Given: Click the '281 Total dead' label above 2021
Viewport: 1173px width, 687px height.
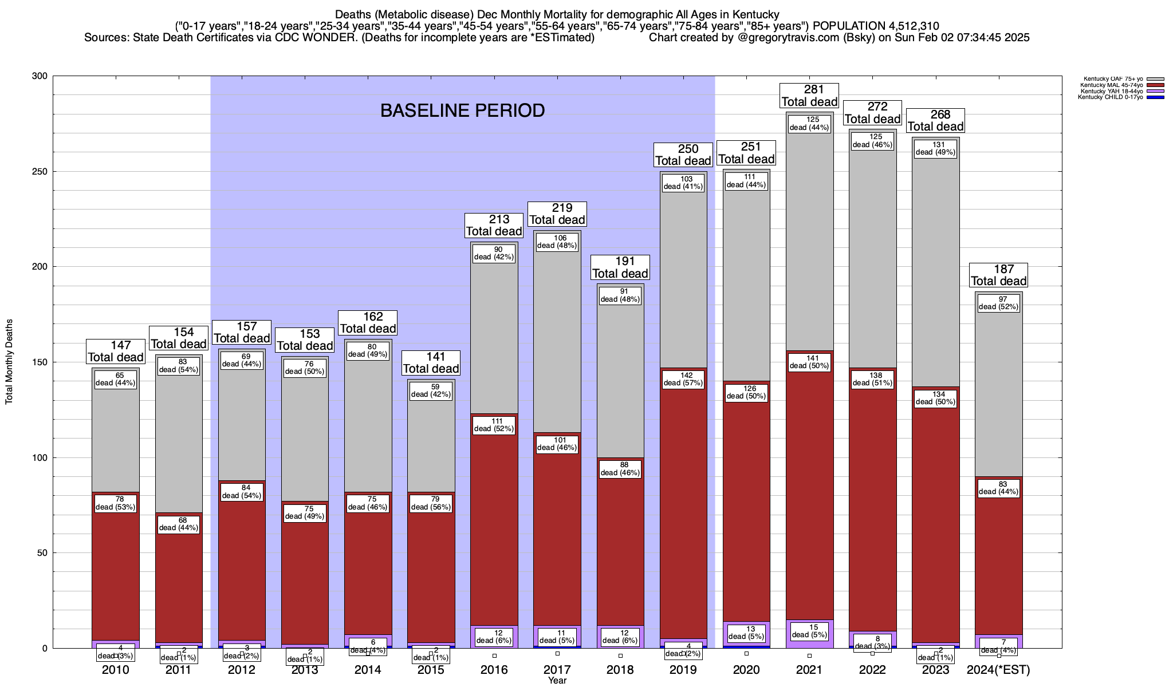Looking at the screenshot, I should pyautogui.click(x=809, y=96).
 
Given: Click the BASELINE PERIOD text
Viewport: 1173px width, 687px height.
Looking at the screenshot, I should pyautogui.click(x=462, y=110).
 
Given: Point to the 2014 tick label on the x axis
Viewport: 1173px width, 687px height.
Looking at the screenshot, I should pyautogui.click(x=368, y=670).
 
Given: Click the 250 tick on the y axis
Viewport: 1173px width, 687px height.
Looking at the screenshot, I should pyautogui.click(x=41, y=171).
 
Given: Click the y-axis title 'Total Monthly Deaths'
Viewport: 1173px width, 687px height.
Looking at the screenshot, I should pyautogui.click(x=9, y=362).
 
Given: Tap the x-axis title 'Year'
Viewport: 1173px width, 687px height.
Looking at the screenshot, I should pyautogui.click(x=557, y=681).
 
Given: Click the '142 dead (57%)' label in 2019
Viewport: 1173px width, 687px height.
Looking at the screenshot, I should pyautogui.click(x=683, y=379).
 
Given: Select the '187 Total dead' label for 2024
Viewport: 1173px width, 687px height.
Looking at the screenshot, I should pyautogui.click(x=999, y=275).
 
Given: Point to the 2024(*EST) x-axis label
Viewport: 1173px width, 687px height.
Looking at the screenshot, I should pyautogui.click(x=998, y=670).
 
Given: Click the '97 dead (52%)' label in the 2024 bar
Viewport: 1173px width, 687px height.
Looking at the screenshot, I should pyautogui.click(x=999, y=303).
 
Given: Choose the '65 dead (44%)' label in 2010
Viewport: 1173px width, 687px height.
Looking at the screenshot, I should pyautogui.click(x=116, y=379).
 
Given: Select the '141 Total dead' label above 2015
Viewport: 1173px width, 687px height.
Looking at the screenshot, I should pyautogui.click(x=431, y=363).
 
